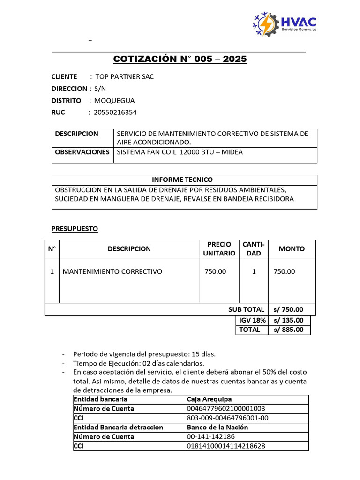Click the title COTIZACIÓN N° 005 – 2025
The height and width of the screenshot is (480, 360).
tap(180, 59)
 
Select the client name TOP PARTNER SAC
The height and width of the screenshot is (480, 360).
tap(124, 76)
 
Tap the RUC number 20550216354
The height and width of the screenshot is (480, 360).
tap(115, 112)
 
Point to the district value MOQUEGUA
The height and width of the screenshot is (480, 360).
tap(114, 100)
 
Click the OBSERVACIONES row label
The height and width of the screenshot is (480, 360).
tap(82, 152)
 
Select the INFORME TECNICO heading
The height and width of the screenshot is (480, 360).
tap(182, 180)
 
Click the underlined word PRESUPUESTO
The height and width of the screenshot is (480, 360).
tap(75, 229)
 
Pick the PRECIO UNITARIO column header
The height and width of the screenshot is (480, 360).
tap(219, 248)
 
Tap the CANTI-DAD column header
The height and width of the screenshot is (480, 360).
tap(254, 248)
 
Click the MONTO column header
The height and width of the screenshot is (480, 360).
tap(292, 249)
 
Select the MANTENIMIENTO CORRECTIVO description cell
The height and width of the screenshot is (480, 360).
tap(112, 271)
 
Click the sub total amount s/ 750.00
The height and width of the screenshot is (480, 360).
tap(288, 309)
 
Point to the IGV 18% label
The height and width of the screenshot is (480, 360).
tap(252, 320)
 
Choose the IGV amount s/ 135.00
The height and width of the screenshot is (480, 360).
tap(288, 320)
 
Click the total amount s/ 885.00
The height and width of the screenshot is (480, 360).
tap(288, 330)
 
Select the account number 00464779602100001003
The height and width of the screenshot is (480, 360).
tap(226, 409)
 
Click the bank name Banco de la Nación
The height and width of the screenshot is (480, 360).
tap(217, 427)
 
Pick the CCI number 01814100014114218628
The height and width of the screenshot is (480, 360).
tap(226, 446)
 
